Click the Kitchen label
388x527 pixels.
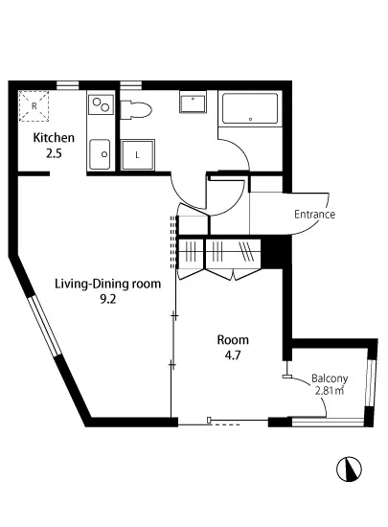(54, 138)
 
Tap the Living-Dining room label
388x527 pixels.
(108, 284)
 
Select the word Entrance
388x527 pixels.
(314, 215)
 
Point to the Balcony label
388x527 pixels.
(330, 378)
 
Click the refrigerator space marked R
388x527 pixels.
(34, 105)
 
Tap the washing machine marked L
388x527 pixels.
(137, 155)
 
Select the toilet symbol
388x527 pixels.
(136, 109)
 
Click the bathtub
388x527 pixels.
(250, 108)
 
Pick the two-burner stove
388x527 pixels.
(101, 104)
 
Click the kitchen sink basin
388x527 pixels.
(100, 154)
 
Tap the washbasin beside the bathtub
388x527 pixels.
(193, 103)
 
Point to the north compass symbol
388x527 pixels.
(349, 469)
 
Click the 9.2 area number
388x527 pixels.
(108, 300)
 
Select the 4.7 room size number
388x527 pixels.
(233, 355)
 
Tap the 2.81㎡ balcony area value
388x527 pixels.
(330, 391)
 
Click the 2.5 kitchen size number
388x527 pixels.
(54, 154)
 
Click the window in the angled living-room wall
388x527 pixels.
(45, 326)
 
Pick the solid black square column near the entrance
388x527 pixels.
(276, 252)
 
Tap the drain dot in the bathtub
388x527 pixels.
(251, 120)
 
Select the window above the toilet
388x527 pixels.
(130, 84)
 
